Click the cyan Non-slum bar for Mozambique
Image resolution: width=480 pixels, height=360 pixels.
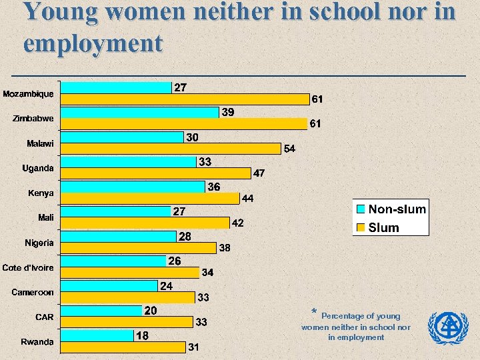[116, 87]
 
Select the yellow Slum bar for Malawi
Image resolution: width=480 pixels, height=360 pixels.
[171, 149]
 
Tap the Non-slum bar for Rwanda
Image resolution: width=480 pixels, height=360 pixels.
[96, 335]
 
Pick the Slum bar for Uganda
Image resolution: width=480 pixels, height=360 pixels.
[155, 173]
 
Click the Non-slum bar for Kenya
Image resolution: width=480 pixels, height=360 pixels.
[133, 187]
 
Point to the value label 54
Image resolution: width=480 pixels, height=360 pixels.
[290, 149]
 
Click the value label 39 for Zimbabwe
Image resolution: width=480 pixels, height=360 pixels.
[227, 113]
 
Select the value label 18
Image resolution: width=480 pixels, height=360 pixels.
[142, 336]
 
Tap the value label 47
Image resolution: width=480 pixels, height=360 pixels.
[259, 173]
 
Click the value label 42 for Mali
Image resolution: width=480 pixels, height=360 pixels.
[238, 223]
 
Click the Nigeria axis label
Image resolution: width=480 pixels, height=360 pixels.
[39, 243]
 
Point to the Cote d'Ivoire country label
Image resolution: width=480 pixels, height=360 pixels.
[28, 267]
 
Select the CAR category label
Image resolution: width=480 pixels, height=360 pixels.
[45, 317]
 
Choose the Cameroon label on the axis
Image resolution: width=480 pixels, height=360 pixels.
[33, 292]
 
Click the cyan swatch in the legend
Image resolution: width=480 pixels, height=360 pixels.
[361, 209]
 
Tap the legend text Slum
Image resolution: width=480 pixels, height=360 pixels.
[384, 227]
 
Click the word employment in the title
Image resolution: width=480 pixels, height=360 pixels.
[93, 43]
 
